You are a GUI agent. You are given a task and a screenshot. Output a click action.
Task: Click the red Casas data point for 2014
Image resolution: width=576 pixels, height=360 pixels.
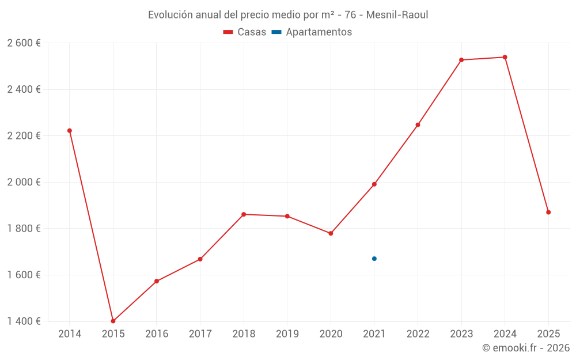(x=70, y=131)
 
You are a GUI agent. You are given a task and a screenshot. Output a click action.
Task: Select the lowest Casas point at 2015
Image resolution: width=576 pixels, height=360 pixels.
(x=113, y=321)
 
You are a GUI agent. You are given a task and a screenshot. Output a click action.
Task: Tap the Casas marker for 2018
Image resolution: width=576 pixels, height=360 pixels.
(x=244, y=214)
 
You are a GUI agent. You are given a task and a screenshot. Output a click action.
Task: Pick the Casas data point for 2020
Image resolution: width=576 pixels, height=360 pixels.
(x=331, y=233)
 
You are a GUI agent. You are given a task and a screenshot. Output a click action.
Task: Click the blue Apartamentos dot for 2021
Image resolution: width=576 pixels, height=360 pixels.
(x=374, y=259)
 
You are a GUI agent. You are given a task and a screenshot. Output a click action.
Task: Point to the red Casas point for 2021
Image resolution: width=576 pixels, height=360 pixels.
(x=374, y=184)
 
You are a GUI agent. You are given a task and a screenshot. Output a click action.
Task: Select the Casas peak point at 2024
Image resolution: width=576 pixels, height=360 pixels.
(x=505, y=57)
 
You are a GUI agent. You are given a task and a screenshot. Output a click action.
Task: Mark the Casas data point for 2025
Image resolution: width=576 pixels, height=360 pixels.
(x=548, y=212)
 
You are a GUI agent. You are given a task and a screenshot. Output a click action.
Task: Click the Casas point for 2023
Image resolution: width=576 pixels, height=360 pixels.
(x=461, y=60)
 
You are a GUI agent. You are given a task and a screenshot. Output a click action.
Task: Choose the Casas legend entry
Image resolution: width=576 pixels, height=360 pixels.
(x=245, y=32)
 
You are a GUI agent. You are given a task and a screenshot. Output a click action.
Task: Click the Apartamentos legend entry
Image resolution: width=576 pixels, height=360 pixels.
(x=312, y=32)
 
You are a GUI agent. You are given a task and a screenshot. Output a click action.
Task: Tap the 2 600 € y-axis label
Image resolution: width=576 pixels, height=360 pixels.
(x=24, y=43)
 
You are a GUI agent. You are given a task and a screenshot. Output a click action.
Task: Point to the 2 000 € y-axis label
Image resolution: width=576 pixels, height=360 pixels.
(x=24, y=182)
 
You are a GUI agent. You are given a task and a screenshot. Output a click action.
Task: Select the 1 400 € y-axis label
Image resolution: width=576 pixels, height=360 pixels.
(x=24, y=321)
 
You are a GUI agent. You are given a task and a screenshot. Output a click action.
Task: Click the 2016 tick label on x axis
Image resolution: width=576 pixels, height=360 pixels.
(x=157, y=334)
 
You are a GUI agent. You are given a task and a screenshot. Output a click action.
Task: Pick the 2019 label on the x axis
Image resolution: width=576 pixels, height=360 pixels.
(x=287, y=334)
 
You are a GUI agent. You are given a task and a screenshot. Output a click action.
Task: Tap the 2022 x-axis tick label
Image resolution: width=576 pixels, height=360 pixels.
(x=418, y=334)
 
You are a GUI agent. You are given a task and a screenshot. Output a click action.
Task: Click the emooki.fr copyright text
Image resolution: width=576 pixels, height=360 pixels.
(x=526, y=348)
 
